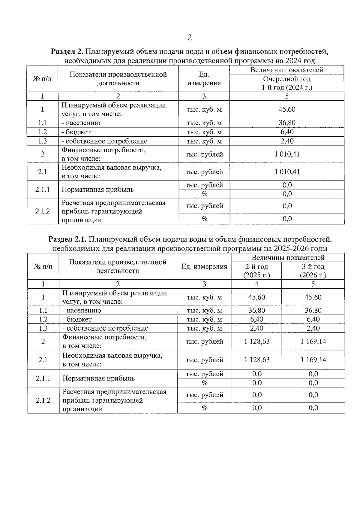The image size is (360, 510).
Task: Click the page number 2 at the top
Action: coord(189,38)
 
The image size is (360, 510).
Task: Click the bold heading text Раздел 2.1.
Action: coord(67,239)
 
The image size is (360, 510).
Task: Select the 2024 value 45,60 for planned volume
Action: coord(287,109)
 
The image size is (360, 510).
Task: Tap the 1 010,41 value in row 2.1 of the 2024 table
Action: coord(287,172)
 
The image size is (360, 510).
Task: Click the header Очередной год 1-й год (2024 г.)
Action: coord(287,83)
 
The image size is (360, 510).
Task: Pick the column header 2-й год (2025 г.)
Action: coord(256,271)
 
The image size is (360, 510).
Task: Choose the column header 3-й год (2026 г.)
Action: coord(313,271)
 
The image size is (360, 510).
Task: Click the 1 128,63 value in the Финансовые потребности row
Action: coord(257,341)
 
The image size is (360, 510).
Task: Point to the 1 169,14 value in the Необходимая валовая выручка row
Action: coord(313,360)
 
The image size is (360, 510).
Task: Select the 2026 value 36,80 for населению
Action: coord(313,310)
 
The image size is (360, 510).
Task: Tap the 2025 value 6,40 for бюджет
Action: coord(257,319)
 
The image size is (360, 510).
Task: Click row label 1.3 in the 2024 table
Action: coord(42,141)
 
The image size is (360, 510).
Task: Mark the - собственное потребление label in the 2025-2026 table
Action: coord(105,328)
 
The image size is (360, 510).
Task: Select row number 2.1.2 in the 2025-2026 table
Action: coord(43,400)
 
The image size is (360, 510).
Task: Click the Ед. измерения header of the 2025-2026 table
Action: coord(204,266)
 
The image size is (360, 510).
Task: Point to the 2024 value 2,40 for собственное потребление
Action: coord(287,141)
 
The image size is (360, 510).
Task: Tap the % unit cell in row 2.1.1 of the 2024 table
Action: coord(204,194)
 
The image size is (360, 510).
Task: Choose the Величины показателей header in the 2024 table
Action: coord(287,70)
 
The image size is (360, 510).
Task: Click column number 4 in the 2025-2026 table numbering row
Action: coord(256,284)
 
